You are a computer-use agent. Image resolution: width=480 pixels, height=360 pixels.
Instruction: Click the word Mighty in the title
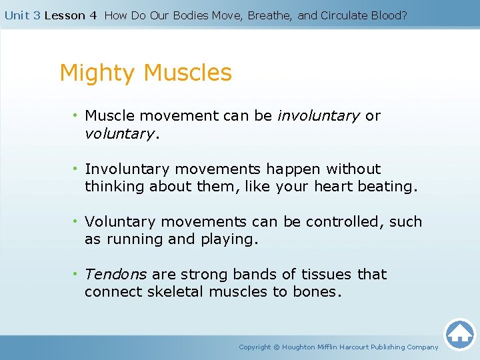[98, 73]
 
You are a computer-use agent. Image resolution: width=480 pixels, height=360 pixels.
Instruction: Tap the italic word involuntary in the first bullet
[318, 116]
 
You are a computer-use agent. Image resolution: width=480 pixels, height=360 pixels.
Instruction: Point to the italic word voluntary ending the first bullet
[119, 134]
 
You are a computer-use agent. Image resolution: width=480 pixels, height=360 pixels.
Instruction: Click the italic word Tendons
[116, 274]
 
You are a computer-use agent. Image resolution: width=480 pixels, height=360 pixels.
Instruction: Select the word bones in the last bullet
[315, 292]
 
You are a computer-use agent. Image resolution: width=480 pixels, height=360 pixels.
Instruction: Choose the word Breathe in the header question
[269, 15]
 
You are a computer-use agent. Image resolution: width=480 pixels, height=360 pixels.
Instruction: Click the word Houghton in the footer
[300, 347]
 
